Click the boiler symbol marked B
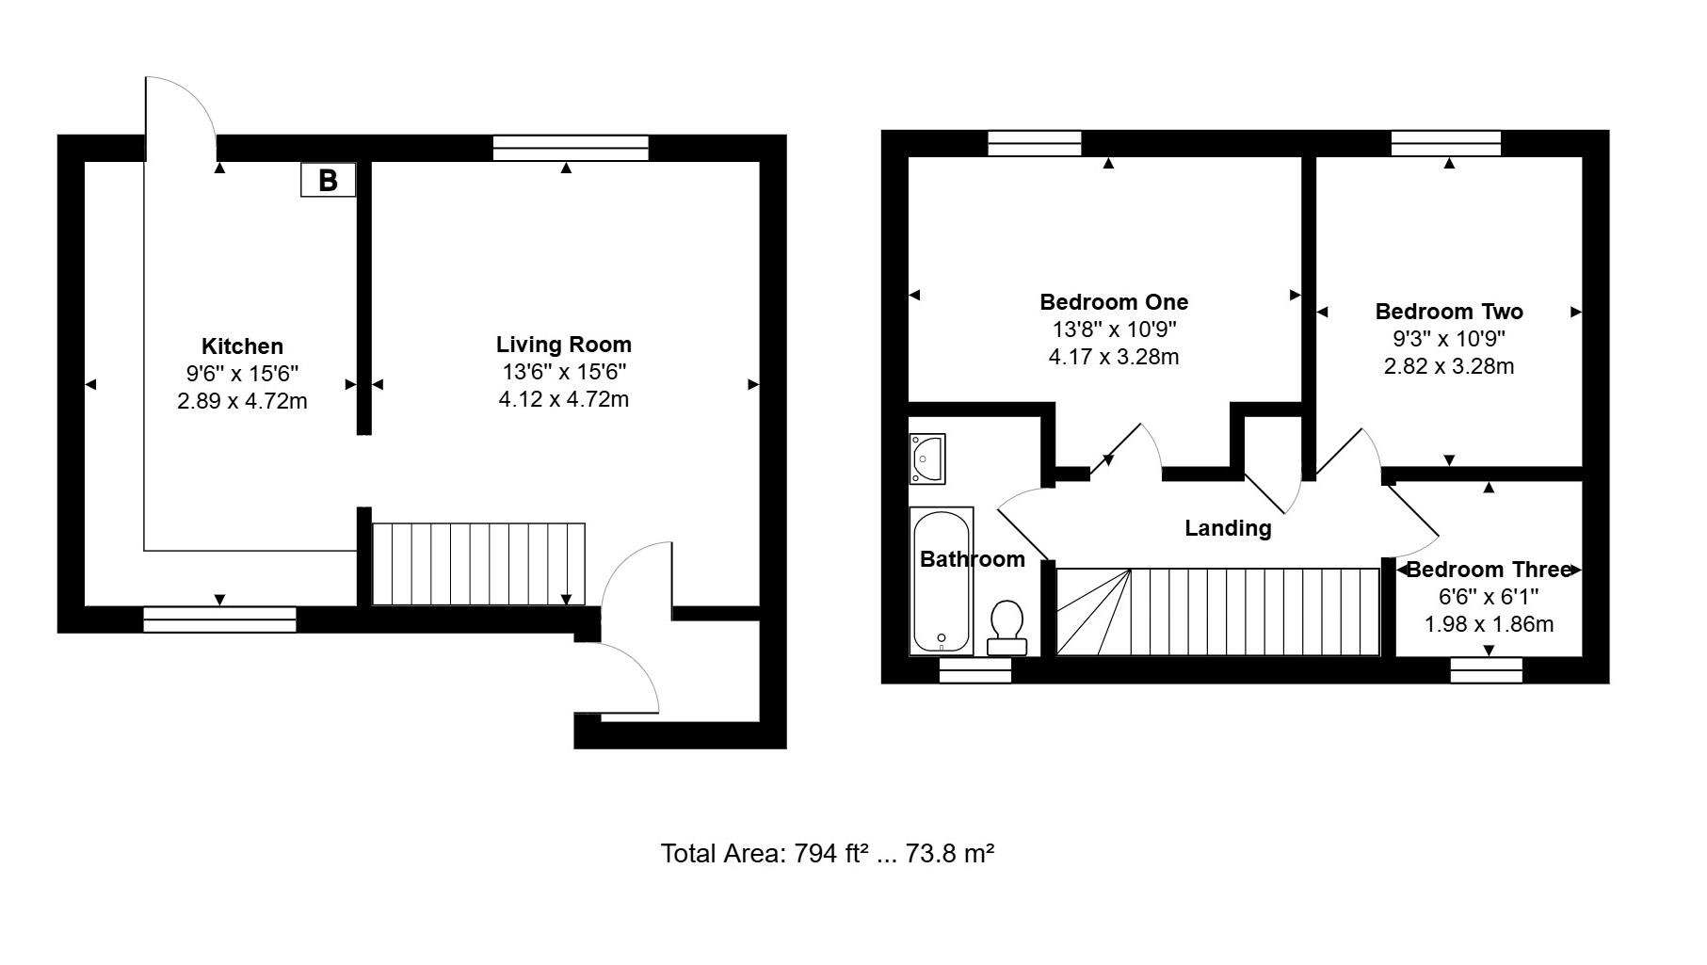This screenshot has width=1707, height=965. coord(328,180)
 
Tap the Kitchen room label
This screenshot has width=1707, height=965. coord(242,346)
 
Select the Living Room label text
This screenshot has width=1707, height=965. coord(563,345)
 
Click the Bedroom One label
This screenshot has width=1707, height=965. coord(1114,302)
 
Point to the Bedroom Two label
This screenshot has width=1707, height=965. coord(1448,312)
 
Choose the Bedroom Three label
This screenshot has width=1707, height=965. coord(1489,570)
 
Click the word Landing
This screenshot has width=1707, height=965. coord(1227,528)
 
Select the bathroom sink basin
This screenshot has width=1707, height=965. coord(927,458)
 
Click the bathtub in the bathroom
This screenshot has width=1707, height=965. coord(942,581)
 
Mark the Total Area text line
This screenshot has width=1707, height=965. coord(828,854)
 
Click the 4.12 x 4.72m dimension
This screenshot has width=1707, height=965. coord(563,399)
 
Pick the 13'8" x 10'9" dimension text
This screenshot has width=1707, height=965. coord(1114,330)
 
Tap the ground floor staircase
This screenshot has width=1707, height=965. coord(478,564)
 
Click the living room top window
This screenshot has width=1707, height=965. coord(571,148)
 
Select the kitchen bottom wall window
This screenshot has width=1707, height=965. coord(219,619)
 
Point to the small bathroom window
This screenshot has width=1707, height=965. coord(974,669)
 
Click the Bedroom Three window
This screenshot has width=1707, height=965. coord(1486,669)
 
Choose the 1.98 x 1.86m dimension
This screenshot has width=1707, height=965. coord(1489,624)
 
